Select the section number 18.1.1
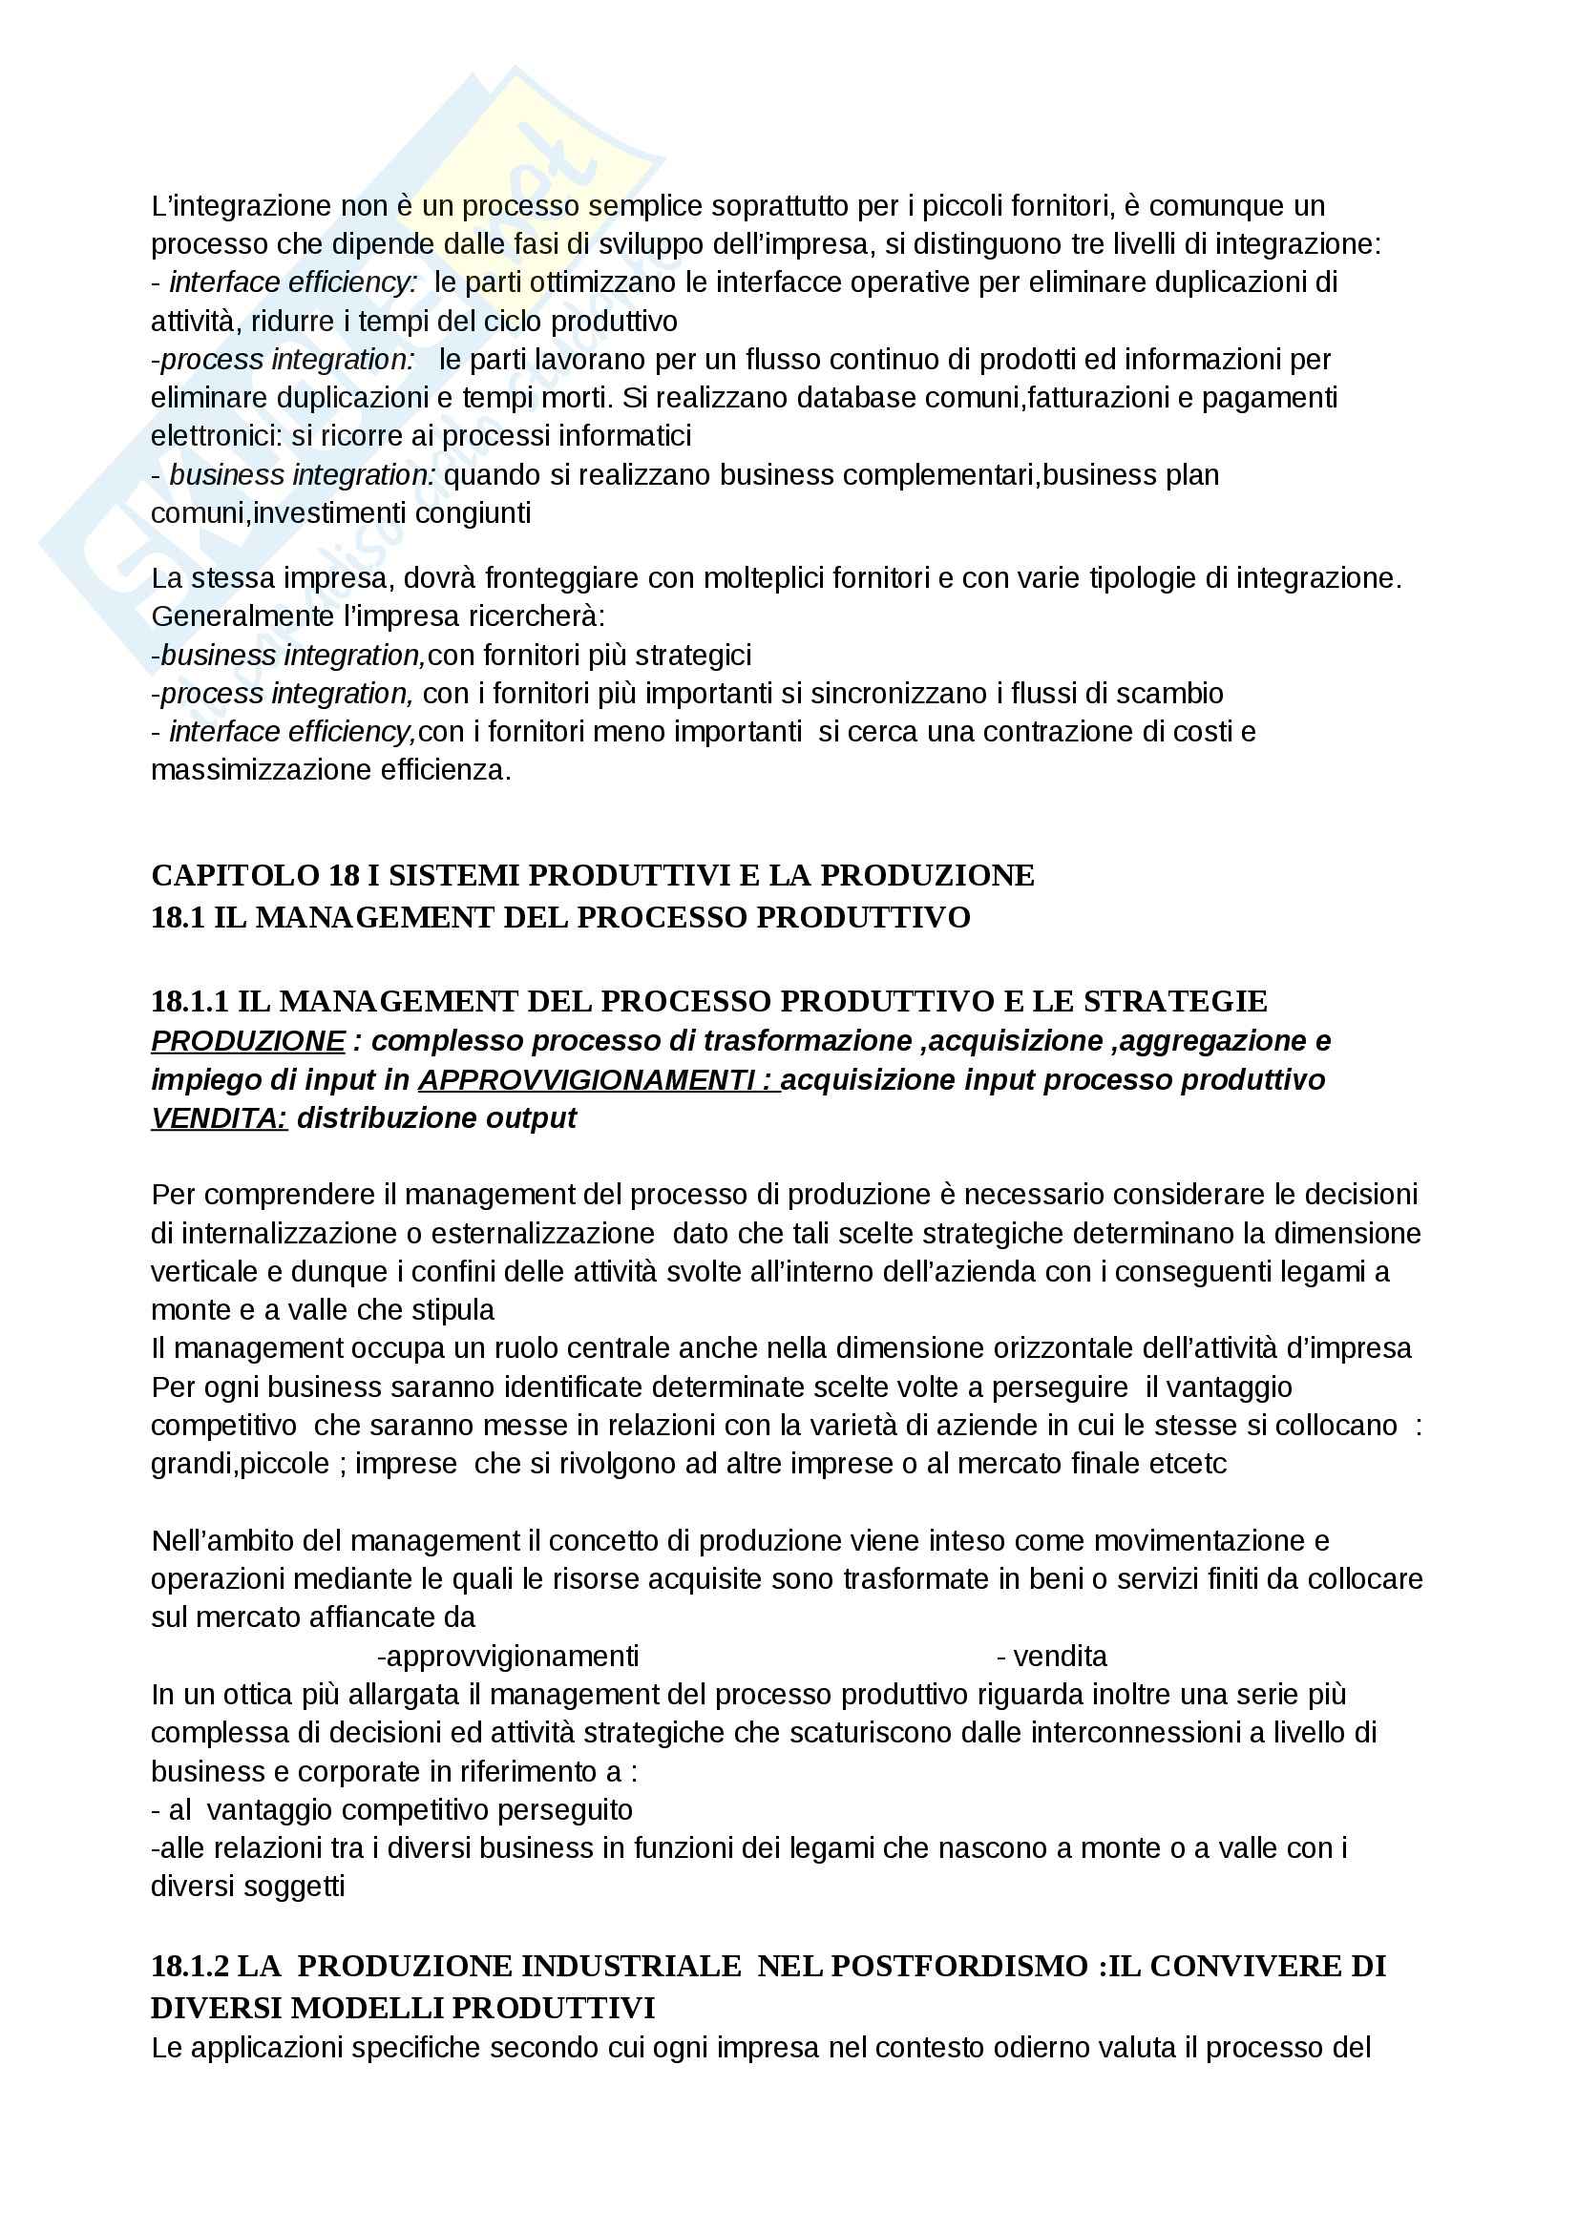pos(190,1000)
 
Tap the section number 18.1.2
pos(190,1966)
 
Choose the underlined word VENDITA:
pos(219,1119)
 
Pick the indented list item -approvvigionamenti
pos(508,1656)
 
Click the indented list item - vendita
pos(1051,1656)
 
